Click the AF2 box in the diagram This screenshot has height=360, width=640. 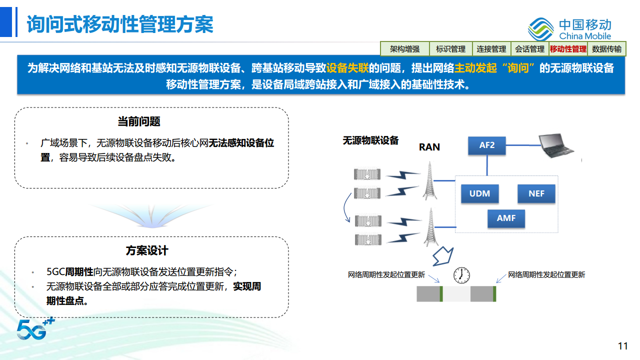(x=486, y=145)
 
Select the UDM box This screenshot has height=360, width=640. (x=479, y=193)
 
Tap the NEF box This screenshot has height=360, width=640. (x=536, y=193)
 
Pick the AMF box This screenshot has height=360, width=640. (x=506, y=218)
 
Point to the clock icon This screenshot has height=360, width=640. (x=461, y=274)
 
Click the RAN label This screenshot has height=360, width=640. (x=429, y=147)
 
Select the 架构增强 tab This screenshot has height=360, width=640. (x=404, y=49)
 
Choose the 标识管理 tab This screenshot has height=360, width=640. (x=450, y=49)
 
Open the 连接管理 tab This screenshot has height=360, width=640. (x=491, y=49)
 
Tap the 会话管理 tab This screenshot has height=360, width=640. (x=529, y=49)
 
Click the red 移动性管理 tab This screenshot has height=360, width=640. (x=568, y=49)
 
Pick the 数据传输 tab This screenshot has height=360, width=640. (x=606, y=49)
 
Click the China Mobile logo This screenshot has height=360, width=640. (x=570, y=29)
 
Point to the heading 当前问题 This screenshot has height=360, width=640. (x=139, y=121)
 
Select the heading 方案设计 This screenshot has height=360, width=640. (x=147, y=250)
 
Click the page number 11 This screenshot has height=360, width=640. (x=622, y=346)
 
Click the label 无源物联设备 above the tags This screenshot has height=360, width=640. (x=370, y=140)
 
